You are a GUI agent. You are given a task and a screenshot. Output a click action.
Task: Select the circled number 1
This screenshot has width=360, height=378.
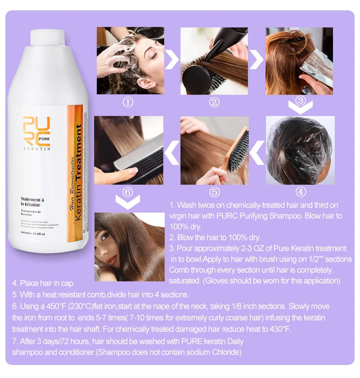tap(128, 102)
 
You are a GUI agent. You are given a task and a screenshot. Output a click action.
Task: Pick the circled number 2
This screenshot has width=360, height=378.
tap(214, 102)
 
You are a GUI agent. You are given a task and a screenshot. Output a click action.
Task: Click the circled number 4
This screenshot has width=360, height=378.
tap(301, 192)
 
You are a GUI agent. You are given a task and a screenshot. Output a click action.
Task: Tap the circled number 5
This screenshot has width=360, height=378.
tap(214, 192)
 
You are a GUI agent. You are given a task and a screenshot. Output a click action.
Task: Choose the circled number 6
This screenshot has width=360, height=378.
tap(128, 192)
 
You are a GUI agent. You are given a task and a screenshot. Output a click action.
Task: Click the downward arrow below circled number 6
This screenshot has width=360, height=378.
tap(128, 204)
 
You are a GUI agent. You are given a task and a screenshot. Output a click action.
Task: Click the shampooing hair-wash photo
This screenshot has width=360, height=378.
tap(130, 61)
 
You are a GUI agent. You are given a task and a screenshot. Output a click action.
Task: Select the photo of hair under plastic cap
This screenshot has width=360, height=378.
tap(300, 151)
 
